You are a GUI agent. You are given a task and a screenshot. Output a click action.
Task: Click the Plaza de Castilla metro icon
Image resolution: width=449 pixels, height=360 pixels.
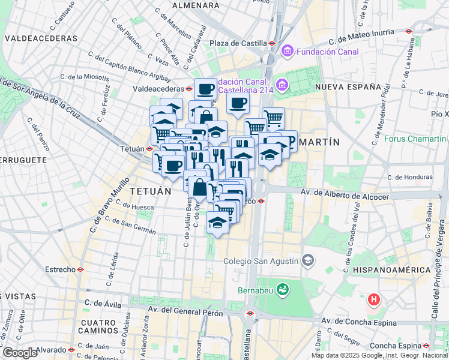pos(272,44)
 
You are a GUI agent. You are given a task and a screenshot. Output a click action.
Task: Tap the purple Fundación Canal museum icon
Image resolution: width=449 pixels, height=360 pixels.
pos(287,52)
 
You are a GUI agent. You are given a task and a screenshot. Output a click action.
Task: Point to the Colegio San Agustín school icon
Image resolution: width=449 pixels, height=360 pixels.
pos(308,260)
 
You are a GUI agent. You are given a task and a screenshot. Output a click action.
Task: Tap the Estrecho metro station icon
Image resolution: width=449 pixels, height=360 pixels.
pos(79,270)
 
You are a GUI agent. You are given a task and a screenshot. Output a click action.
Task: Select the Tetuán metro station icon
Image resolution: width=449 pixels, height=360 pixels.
pos(149,149)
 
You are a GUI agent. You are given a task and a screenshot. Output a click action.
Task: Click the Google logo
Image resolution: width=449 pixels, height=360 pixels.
pos(19,352)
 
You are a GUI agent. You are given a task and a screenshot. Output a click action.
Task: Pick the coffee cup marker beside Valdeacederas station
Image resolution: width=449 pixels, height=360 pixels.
pos(205,89)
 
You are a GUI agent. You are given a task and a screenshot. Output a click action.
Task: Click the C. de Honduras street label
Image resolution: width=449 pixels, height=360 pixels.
pos(410,177)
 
